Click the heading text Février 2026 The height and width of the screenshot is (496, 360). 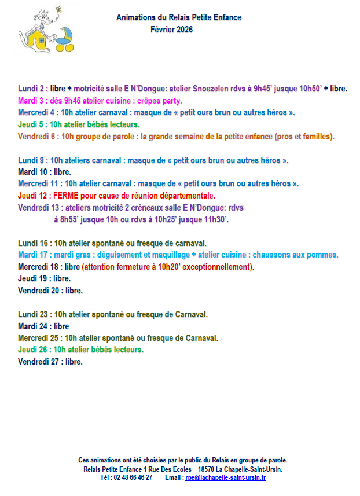pyautogui.click(x=171, y=29)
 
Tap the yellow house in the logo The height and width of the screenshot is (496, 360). pyautogui.click(x=35, y=41)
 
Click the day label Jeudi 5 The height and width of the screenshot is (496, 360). pyautogui.click(x=31, y=124)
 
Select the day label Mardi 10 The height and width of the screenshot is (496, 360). pyautogui.click(x=35, y=172)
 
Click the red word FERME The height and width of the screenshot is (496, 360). pyautogui.click(x=65, y=196)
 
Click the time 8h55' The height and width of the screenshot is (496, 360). pyautogui.click(x=65, y=219)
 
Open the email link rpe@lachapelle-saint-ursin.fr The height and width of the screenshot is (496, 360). pyautogui.click(x=225, y=478)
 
